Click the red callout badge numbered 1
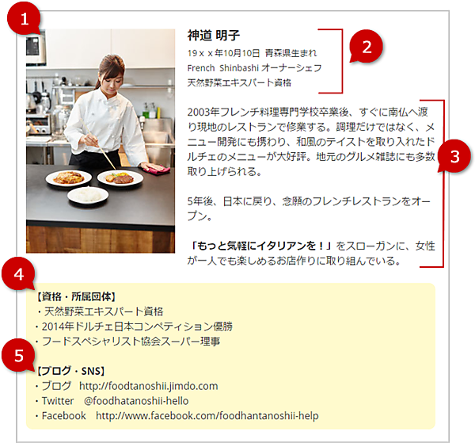24,19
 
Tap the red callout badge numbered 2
367,47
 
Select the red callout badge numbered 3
454,156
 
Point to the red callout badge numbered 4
19,274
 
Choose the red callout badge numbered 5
19,355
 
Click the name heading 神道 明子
214,36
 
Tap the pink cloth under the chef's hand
155,169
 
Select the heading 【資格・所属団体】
76,296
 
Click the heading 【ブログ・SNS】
70,371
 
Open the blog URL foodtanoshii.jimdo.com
149,386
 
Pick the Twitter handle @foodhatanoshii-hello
136,401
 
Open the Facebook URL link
207,416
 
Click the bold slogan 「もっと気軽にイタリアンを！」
261,246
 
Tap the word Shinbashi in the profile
239,68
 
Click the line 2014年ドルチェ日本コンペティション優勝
137,327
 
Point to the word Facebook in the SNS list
64,416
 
